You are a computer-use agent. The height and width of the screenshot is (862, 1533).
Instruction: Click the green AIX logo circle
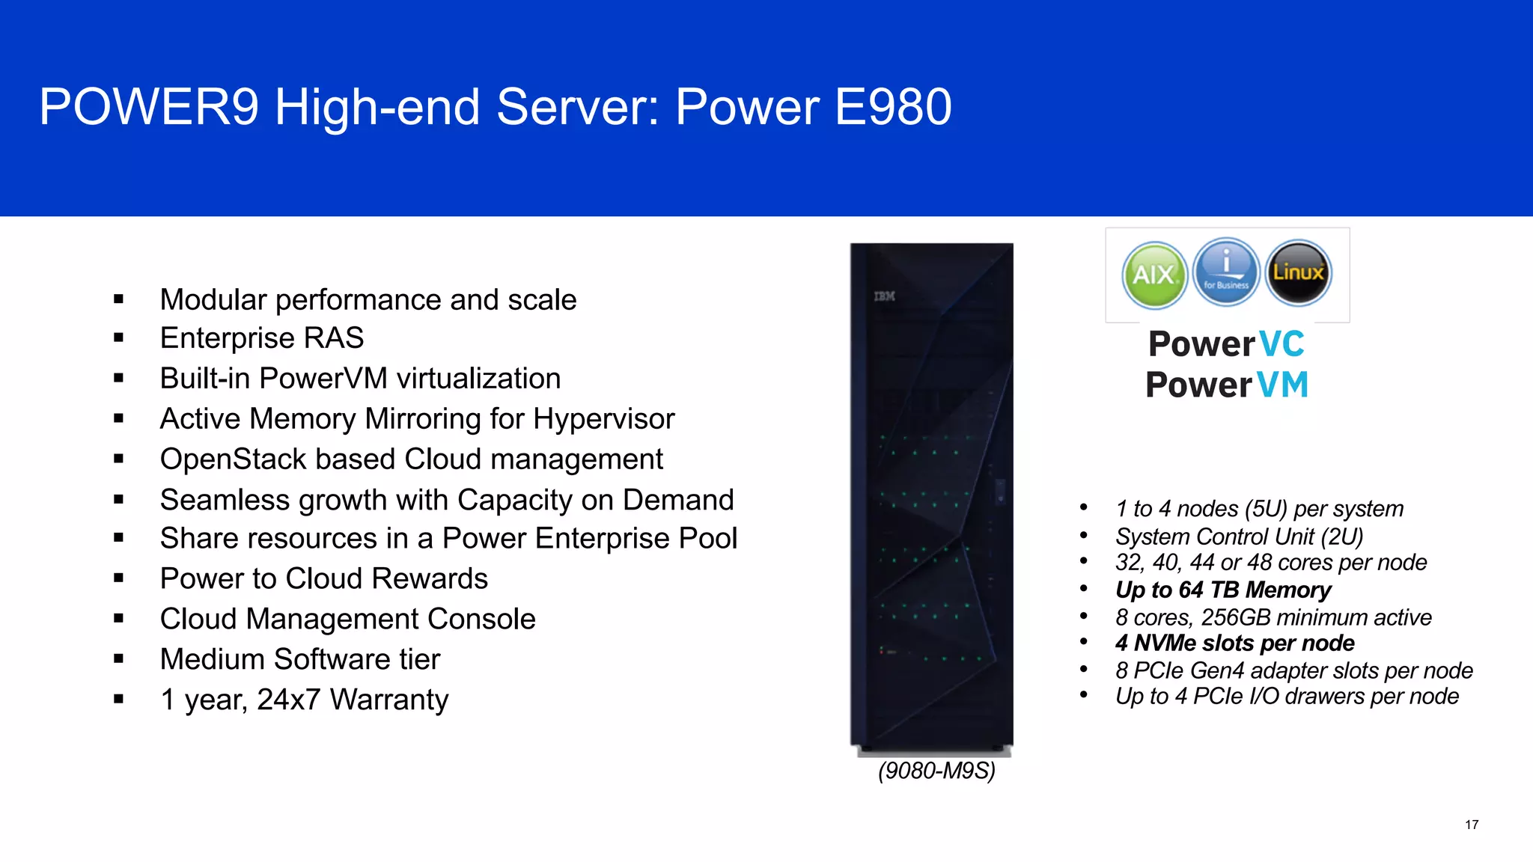(x=1154, y=275)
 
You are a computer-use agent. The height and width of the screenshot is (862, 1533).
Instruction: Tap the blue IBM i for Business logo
(x=1226, y=272)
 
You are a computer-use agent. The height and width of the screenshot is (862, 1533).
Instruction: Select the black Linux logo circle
(x=1299, y=272)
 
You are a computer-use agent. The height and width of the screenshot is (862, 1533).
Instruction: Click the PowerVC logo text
(x=1226, y=344)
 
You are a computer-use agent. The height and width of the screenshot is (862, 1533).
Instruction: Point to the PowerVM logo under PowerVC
(x=1226, y=385)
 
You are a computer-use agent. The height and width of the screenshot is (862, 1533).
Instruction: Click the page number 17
(x=1472, y=825)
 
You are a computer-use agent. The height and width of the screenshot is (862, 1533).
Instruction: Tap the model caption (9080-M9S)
(x=936, y=771)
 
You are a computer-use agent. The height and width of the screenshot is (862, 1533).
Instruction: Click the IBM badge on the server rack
(x=884, y=296)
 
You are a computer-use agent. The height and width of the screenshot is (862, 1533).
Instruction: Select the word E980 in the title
(x=892, y=107)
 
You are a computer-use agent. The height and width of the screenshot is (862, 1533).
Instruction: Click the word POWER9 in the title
(x=149, y=107)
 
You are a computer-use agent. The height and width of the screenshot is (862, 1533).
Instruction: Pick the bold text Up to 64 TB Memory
(x=1223, y=590)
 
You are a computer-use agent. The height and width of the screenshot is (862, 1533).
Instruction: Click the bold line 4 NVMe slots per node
(x=1234, y=643)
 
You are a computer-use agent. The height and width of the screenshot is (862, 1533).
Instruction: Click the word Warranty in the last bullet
(x=389, y=700)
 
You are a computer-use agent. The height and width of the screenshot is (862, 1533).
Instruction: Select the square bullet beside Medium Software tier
(x=119, y=659)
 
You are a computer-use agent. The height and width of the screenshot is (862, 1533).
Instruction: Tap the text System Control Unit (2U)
(x=1239, y=537)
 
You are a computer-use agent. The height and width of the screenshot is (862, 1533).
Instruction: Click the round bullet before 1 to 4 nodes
(x=1083, y=508)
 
